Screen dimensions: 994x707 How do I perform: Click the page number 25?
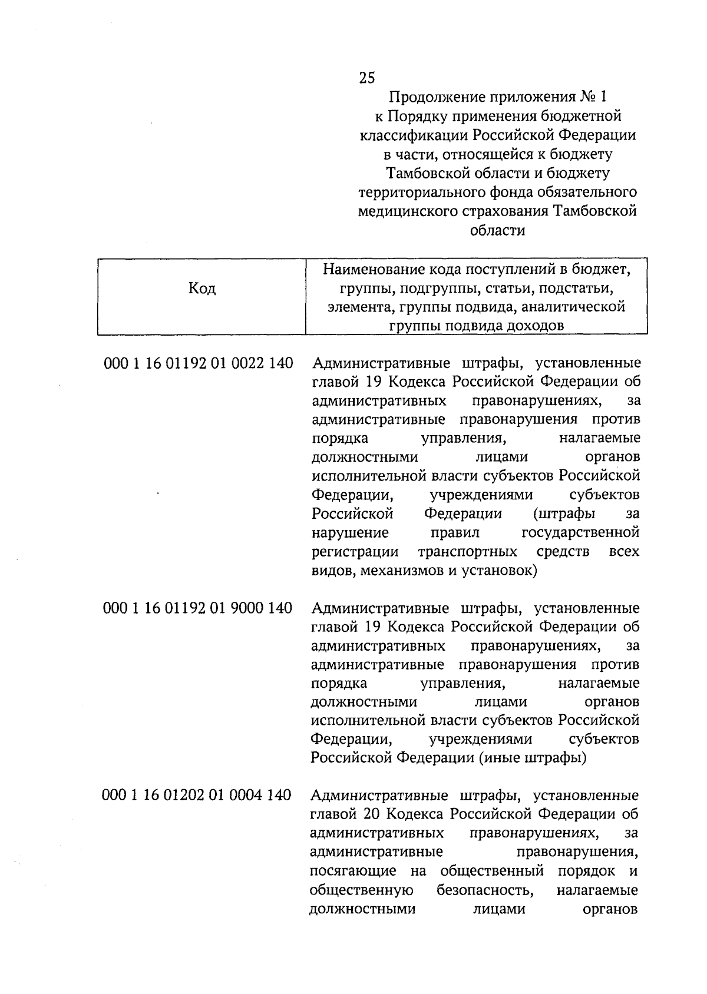pos(366,78)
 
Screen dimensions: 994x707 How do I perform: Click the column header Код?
pos(201,289)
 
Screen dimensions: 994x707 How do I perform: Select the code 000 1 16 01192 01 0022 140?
pos(198,363)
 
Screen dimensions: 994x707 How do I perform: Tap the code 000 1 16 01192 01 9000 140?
pos(197,608)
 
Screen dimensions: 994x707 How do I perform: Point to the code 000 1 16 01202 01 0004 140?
pos(197,796)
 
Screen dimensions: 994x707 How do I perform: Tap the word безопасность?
pos(485,890)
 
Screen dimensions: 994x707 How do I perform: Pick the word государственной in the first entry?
pos(580,533)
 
